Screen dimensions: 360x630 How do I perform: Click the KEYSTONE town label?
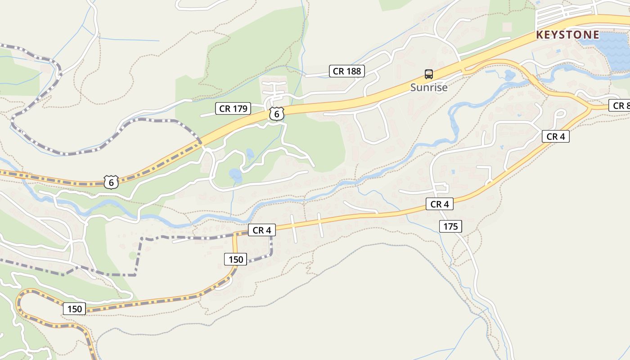(567, 35)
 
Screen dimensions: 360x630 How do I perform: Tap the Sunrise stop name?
(429, 87)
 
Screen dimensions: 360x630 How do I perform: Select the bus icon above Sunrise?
(429, 74)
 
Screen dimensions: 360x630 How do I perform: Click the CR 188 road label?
(346, 71)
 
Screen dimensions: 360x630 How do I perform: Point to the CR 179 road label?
(233, 108)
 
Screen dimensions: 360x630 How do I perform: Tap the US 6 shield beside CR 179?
(277, 114)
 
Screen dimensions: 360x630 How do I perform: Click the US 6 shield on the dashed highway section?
(111, 182)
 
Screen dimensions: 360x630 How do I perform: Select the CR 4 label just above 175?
(439, 204)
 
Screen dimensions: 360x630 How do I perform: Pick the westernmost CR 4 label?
(261, 230)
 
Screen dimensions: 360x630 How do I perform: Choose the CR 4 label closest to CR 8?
(555, 136)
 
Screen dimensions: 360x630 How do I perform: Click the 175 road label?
(450, 226)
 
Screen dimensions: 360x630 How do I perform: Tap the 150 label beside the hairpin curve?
(74, 309)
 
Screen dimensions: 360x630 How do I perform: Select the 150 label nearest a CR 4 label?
(235, 259)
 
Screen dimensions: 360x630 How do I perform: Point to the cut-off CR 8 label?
(621, 105)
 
